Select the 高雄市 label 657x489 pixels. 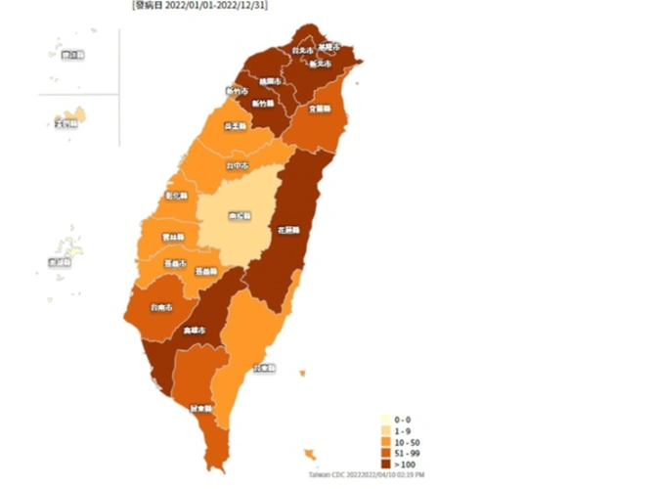195,331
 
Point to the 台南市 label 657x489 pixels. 162,307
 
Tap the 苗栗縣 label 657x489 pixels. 235,126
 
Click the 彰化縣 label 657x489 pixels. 178,195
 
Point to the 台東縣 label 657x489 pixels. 263,369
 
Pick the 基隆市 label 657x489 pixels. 328,46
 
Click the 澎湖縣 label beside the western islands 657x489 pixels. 60,262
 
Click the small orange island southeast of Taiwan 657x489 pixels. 310,454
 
